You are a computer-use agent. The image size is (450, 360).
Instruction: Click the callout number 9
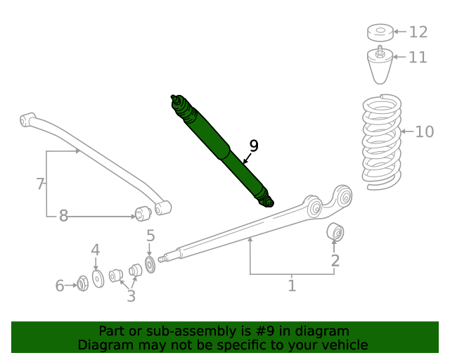254,146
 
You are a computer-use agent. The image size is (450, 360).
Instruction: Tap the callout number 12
418,32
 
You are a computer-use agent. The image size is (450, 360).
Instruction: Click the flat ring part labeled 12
380,32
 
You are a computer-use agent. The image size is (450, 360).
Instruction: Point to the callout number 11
418,57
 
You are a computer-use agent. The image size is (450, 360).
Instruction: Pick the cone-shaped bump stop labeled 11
380,66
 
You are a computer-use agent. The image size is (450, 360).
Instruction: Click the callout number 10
424,131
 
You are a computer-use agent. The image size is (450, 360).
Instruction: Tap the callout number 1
291,285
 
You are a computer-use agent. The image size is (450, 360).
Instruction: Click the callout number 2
335,261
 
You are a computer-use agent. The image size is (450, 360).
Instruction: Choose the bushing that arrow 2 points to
335,231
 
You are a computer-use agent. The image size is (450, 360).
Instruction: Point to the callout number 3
131,296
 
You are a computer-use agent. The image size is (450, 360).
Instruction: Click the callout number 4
95,250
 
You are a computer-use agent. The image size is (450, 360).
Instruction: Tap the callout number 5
150,236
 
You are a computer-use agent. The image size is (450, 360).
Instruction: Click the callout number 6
60,285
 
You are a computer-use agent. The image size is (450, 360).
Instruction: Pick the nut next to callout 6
82,283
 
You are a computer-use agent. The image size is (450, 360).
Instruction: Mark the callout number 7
40,184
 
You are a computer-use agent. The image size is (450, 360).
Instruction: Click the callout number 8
63,216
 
